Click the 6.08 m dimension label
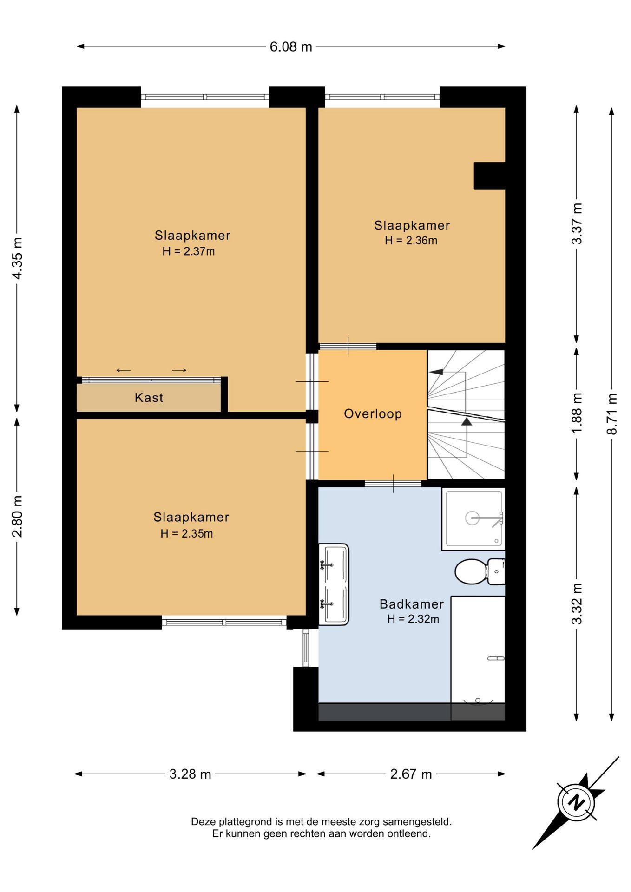pos(291,47)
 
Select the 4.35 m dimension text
pos(17,258)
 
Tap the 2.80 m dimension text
pos(17,516)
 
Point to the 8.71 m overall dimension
pos(612,413)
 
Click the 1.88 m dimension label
pos(577,413)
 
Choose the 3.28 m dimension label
pos(190,774)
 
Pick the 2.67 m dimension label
pos(411,774)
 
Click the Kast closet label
pos(149,398)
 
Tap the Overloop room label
pos(373,414)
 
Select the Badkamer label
pos(412,604)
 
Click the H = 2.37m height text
pos(189,251)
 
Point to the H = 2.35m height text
pos(187,534)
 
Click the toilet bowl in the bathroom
pos(471,571)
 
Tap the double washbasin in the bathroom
pos(334,584)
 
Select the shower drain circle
pos(472,518)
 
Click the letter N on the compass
pos(577,803)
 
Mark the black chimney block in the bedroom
pos(489,176)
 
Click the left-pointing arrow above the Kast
pos(123,370)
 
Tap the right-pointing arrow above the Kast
pos(179,370)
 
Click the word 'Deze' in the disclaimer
pos(203,822)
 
